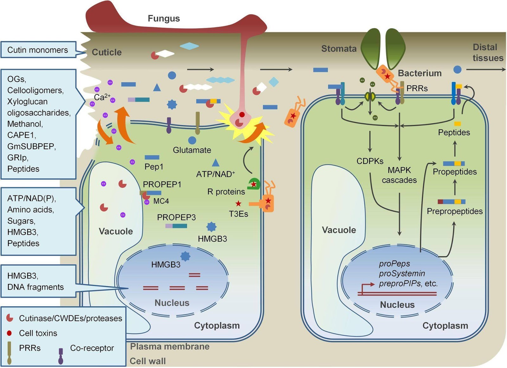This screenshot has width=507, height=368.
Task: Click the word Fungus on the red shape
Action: tap(164, 18)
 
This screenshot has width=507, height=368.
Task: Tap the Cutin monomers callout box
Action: tap(38, 50)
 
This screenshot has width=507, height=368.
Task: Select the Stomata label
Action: tap(339, 48)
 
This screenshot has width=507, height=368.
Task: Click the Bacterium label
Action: tap(420, 73)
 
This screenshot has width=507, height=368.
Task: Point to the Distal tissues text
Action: tap(487, 53)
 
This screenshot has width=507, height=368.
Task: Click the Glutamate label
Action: tap(192, 150)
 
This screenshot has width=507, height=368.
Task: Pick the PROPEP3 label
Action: tap(176, 217)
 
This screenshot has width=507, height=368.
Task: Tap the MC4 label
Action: tap(161, 201)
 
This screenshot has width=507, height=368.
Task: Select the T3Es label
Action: tap(238, 214)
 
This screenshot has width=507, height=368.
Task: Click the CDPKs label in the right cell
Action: tap(370, 161)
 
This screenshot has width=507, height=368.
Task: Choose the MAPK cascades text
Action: tap(399, 175)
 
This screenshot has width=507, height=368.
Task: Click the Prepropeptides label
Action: tap(454, 211)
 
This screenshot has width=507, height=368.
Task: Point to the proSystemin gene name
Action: tap(402, 273)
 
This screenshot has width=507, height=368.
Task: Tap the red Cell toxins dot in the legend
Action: tap(9, 333)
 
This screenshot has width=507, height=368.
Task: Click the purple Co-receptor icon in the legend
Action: tap(61, 356)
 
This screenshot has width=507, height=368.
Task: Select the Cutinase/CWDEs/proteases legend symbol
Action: tap(10, 318)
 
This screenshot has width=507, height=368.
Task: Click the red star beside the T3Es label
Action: tap(238, 203)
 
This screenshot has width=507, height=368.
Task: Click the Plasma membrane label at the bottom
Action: tap(170, 346)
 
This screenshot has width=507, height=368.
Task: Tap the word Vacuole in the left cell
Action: tap(116, 231)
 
